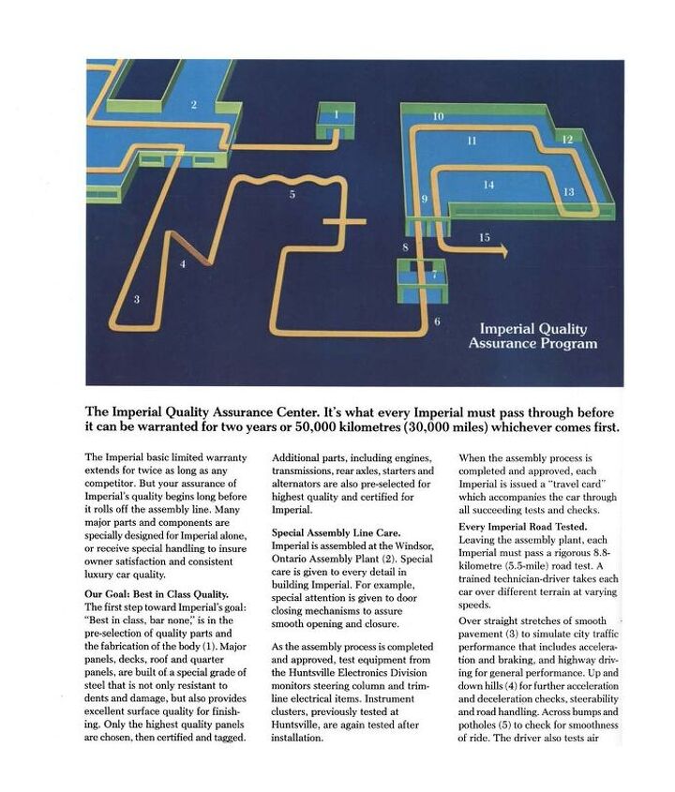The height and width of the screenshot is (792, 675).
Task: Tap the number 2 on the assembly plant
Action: click(194, 104)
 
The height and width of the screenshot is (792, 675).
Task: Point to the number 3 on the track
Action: click(137, 299)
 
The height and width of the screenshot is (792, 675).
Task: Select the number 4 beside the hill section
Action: click(183, 264)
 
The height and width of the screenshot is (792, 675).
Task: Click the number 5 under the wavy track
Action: click(292, 194)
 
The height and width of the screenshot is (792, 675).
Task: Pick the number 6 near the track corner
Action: click(437, 322)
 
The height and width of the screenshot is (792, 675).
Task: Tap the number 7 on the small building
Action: click(434, 275)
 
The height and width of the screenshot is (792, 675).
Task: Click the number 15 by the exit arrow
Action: click(484, 238)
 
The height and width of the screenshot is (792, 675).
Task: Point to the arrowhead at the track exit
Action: click(503, 251)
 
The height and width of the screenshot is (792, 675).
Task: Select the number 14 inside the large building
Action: click(488, 186)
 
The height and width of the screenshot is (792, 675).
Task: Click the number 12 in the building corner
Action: click(567, 139)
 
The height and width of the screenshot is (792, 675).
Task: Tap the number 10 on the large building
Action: click(438, 116)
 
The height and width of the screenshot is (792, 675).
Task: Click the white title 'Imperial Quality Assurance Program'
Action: click(532, 336)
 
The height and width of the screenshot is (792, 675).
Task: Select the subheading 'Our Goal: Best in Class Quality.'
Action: click(157, 594)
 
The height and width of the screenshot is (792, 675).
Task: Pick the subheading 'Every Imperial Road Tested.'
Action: click(522, 527)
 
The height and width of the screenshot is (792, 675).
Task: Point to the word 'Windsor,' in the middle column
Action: click(409, 545)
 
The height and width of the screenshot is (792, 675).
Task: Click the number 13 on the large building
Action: click(568, 191)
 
